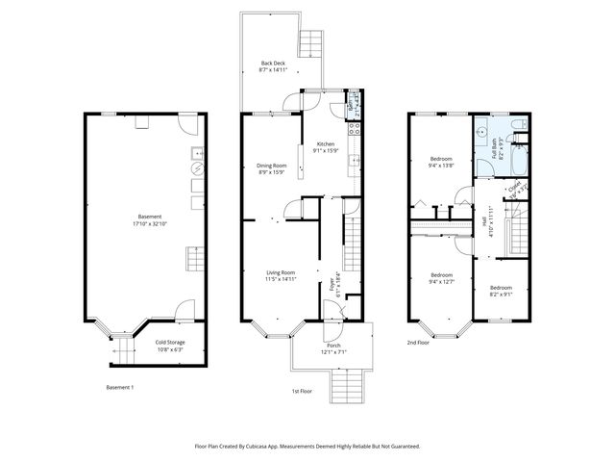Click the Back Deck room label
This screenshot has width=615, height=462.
tap(274, 64)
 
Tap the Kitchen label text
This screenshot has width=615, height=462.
tap(326, 144)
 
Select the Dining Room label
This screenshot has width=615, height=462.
tap(272, 166)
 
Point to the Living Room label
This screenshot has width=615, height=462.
tap(281, 272)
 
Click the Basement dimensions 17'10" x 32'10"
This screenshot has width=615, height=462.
tap(149, 223)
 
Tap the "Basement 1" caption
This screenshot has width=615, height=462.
tap(119, 387)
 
